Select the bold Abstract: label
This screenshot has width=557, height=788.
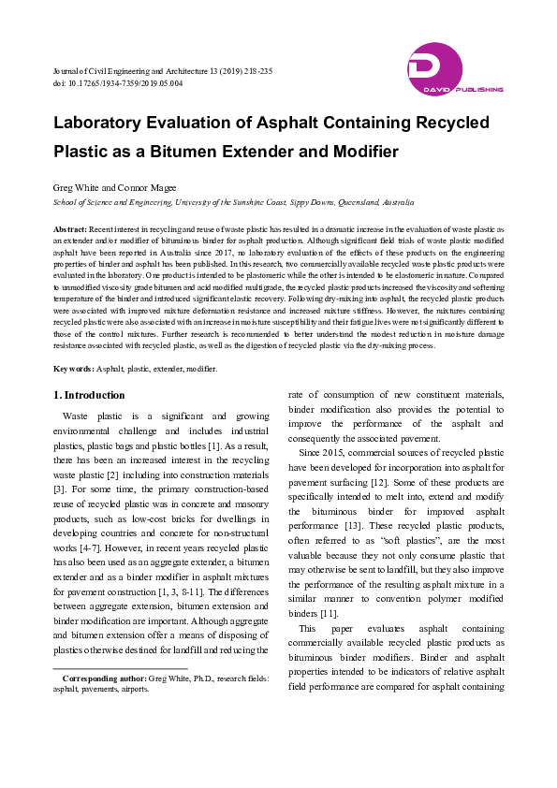coord(70,228)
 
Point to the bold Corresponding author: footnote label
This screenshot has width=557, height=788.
coord(104,678)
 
